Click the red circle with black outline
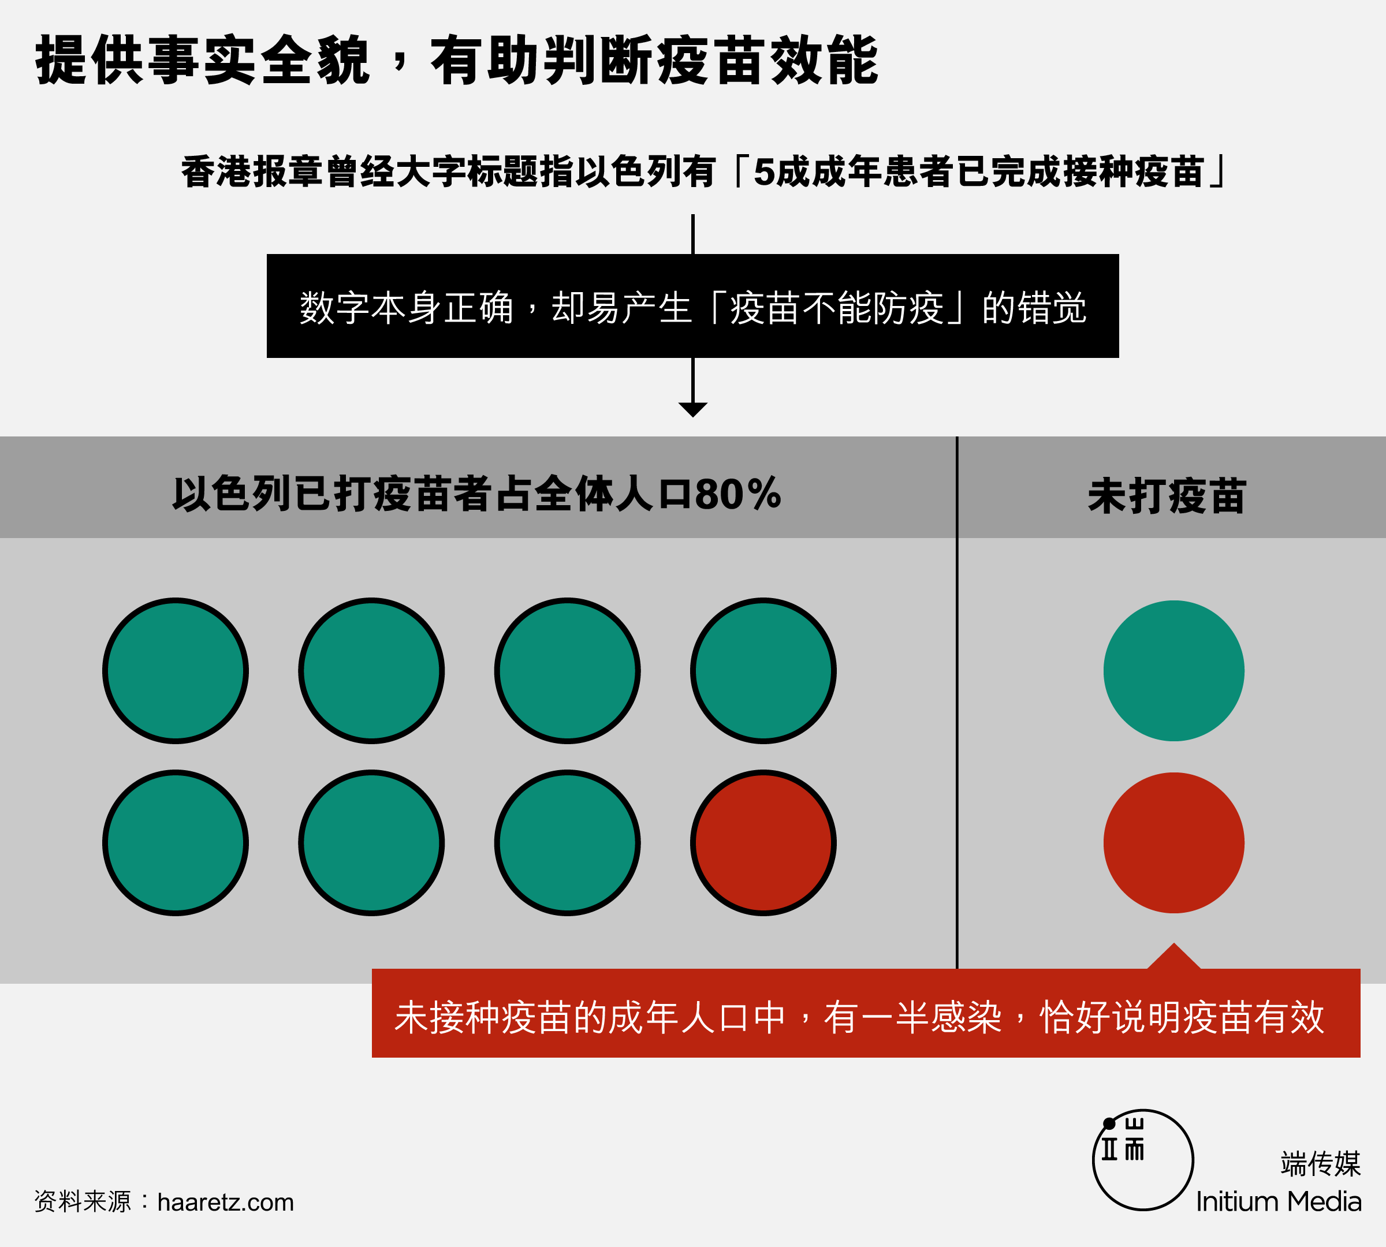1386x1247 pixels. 763,843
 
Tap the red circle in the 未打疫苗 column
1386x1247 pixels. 1173,843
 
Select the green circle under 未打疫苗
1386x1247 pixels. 1173,671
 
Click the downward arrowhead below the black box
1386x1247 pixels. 692,409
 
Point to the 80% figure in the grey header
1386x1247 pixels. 737,494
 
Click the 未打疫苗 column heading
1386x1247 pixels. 1167,496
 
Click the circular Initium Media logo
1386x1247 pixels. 1143,1159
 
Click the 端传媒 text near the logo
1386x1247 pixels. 1320,1163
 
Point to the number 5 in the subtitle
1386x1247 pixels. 763,172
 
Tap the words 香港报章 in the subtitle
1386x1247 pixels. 252,172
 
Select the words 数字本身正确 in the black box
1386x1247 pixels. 407,308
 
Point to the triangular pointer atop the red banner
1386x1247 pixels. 1173,957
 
